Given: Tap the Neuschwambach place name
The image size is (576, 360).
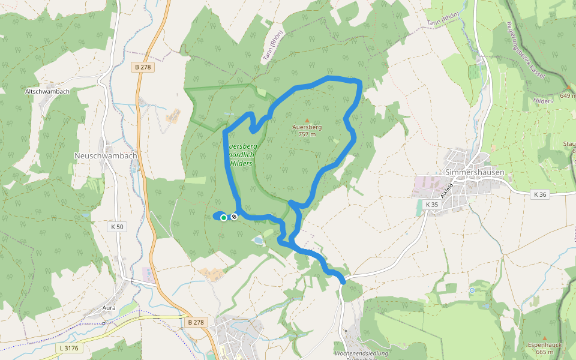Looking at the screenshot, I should (x=106, y=155).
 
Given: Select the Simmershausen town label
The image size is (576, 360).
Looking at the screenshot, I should (x=475, y=172).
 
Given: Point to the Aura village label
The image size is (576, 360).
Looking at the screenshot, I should (x=109, y=308).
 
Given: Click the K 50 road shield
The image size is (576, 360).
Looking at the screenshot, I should (x=116, y=227).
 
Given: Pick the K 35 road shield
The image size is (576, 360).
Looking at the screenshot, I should (x=431, y=205).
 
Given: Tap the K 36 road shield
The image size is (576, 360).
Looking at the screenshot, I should (x=540, y=194).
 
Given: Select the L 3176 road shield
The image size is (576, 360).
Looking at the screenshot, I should (x=69, y=347).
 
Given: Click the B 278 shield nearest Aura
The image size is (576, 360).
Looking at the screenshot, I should (x=196, y=322).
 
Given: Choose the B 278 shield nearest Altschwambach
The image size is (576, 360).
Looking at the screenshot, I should (x=142, y=67).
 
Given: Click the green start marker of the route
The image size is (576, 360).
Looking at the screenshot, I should (x=224, y=218).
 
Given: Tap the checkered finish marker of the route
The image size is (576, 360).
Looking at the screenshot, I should (x=234, y=217).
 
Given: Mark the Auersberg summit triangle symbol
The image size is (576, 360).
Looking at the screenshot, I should (x=307, y=121).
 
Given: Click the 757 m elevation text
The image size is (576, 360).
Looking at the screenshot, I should (x=307, y=134).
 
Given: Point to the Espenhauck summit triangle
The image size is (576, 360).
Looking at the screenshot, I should (x=544, y=338).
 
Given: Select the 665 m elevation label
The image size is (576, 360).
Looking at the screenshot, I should (x=544, y=352).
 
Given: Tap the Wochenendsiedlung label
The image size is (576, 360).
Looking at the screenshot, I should (x=359, y=353).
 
